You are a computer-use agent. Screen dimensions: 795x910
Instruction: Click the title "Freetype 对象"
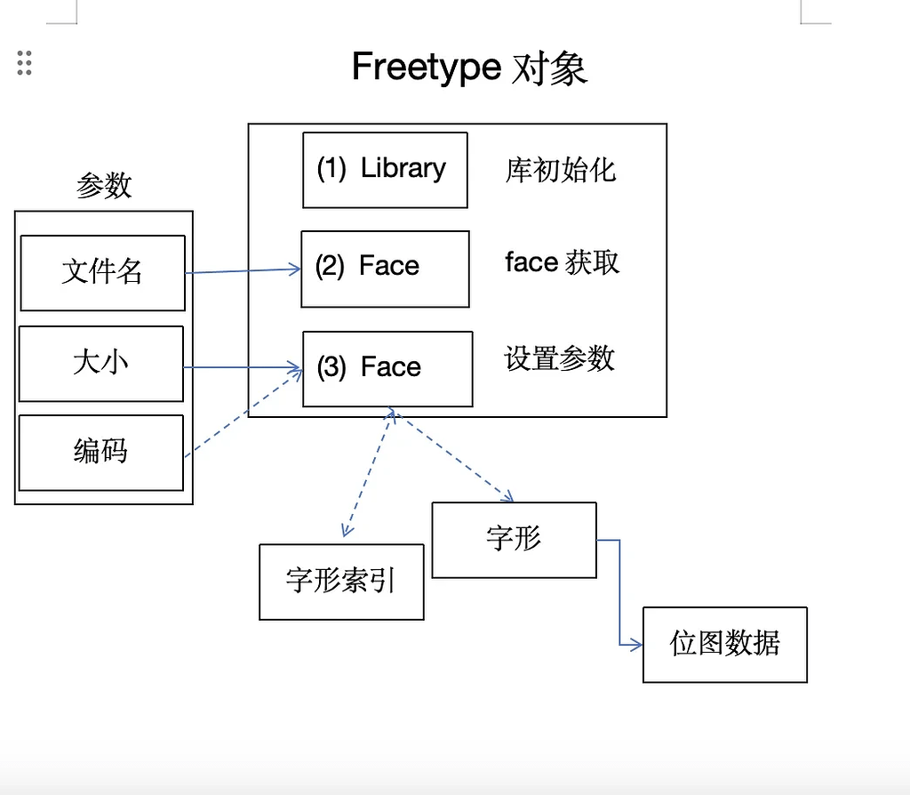pyautogui.click(x=469, y=68)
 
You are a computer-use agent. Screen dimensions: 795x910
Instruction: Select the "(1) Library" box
pyautogui.click(x=385, y=170)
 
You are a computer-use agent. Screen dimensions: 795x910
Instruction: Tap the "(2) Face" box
pyautogui.click(x=385, y=269)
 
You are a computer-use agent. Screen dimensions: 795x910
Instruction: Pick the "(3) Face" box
pyautogui.click(x=387, y=368)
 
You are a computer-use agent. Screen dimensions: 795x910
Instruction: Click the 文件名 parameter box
pyautogui.click(x=102, y=272)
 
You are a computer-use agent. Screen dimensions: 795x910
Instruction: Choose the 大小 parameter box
pyautogui.click(x=100, y=363)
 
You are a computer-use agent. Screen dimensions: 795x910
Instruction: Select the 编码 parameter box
pyautogui.click(x=100, y=452)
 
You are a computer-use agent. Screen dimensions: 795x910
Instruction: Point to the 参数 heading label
pyautogui.click(x=104, y=186)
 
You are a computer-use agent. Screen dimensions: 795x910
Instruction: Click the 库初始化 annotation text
pyautogui.click(x=560, y=170)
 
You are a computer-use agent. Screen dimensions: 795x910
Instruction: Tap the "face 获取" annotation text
pyautogui.click(x=562, y=262)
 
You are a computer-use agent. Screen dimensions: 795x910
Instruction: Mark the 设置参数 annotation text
pyautogui.click(x=559, y=358)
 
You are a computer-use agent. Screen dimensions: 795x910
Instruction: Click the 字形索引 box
pyautogui.click(x=341, y=582)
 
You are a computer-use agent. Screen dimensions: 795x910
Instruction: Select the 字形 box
pyautogui.click(x=514, y=539)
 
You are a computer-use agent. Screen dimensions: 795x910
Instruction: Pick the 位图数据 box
pyautogui.click(x=724, y=644)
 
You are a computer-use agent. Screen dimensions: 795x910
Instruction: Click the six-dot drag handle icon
pyautogui.click(x=25, y=63)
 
